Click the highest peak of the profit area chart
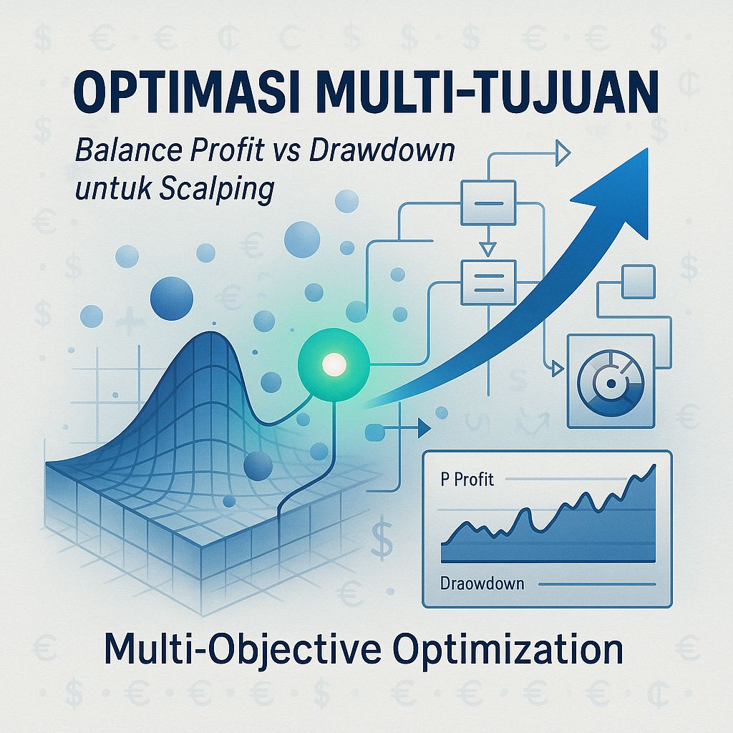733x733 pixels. (653, 467)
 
